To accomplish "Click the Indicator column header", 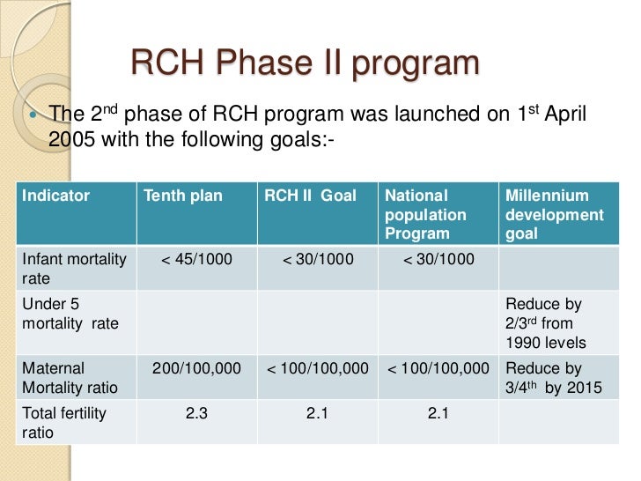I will pyautogui.click(x=55, y=196).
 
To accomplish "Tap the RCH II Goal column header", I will pyautogui.click(x=310, y=196).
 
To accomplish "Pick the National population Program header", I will pyautogui.click(x=425, y=214).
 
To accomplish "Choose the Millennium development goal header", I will pyautogui.click(x=554, y=214).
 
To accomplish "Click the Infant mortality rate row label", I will pyautogui.click(x=74, y=268).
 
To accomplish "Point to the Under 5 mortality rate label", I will pyautogui.click(x=70, y=314).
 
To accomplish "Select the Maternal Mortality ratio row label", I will pyautogui.click(x=70, y=378).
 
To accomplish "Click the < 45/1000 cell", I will pyautogui.click(x=196, y=259).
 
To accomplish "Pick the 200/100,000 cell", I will pyautogui.click(x=196, y=369).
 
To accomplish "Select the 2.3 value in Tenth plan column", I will pyautogui.click(x=196, y=412).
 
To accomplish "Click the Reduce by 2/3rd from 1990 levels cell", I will pyautogui.click(x=550, y=323).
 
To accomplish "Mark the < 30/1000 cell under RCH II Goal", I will pyautogui.click(x=317, y=259).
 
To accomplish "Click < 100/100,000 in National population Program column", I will pyautogui.click(x=438, y=369).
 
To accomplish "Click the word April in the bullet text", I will pyautogui.click(x=561, y=115).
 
